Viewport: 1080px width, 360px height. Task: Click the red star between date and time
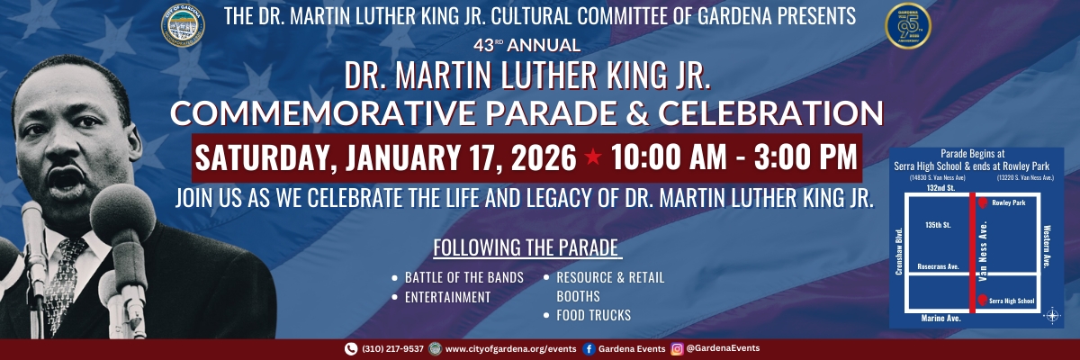[x=594, y=158]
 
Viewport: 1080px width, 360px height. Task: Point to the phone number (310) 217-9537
[x=391, y=349]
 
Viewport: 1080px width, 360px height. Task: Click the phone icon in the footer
[x=351, y=349]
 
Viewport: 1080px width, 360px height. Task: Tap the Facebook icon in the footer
[x=589, y=349]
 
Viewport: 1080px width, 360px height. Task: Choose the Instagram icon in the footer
[x=676, y=349]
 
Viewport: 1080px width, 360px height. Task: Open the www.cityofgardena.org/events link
[x=509, y=349]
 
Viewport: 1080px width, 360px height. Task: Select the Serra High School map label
[x=1012, y=301]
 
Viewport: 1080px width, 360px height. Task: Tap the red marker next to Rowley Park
[x=983, y=203]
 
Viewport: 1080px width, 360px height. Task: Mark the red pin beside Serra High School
[x=982, y=301]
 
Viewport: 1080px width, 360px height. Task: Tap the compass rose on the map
[x=1050, y=315]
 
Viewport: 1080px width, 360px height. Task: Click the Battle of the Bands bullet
[x=463, y=277]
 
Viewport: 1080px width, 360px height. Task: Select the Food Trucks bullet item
[x=592, y=315]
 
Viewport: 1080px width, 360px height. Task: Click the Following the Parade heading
[x=527, y=247]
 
